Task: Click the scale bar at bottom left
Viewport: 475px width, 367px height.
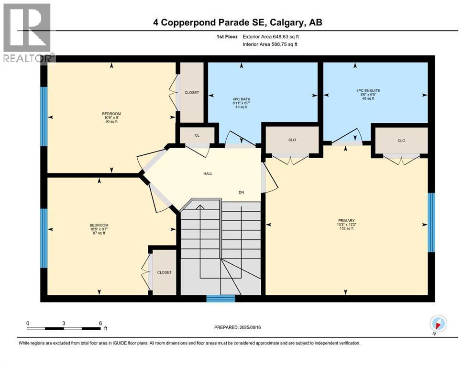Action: point(64,328)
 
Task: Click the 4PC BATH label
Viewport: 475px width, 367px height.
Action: point(242,103)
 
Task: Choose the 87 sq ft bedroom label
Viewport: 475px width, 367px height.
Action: point(99,229)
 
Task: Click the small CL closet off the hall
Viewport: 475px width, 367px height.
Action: point(197,136)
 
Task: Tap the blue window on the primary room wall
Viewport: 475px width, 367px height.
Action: point(431,222)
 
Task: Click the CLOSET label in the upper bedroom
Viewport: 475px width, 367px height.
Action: point(191,92)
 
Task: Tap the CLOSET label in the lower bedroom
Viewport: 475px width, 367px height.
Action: point(164,272)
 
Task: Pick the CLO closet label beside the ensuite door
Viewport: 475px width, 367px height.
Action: point(401,140)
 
